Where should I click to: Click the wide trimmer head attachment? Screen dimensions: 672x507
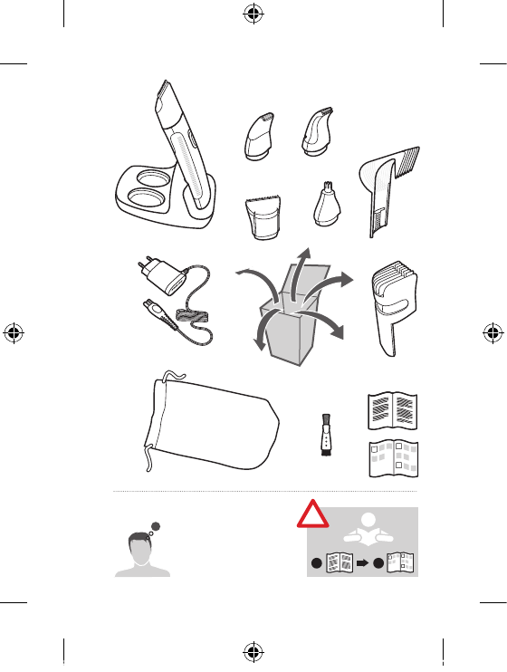coord(262,221)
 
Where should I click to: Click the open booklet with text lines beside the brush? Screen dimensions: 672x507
coord(392,411)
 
